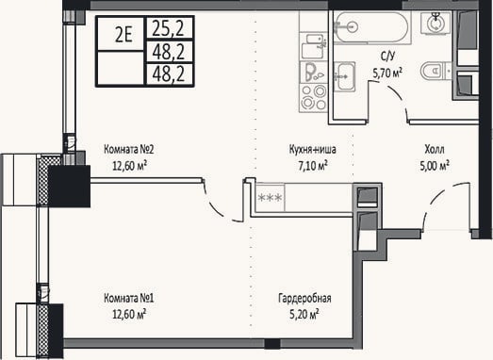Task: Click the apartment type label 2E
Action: pyautogui.click(x=123, y=34)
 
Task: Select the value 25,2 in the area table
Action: pyautogui.click(x=168, y=27)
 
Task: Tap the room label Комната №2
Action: pyautogui.click(x=129, y=149)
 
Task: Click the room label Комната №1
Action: pyautogui.click(x=129, y=298)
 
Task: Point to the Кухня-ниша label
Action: pyautogui.click(x=313, y=149)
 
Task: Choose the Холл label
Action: pyautogui.click(x=435, y=149)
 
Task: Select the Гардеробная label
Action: pyautogui.click(x=304, y=298)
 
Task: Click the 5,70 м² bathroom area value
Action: pyautogui.click(x=387, y=73)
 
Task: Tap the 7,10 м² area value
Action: pyautogui.click(x=313, y=165)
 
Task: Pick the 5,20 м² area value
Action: pyautogui.click(x=304, y=314)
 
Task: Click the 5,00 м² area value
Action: pyautogui.click(x=435, y=165)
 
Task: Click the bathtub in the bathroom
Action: pyautogui.click(x=371, y=26)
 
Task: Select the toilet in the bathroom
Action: pyautogui.click(x=433, y=71)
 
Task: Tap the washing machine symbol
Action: pyautogui.click(x=435, y=23)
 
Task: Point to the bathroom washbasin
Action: pyautogui.click(x=345, y=76)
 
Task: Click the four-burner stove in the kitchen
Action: pyautogui.click(x=313, y=97)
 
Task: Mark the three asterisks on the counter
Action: pyautogui.click(x=270, y=198)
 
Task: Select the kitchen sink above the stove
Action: pyautogui.click(x=313, y=46)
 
